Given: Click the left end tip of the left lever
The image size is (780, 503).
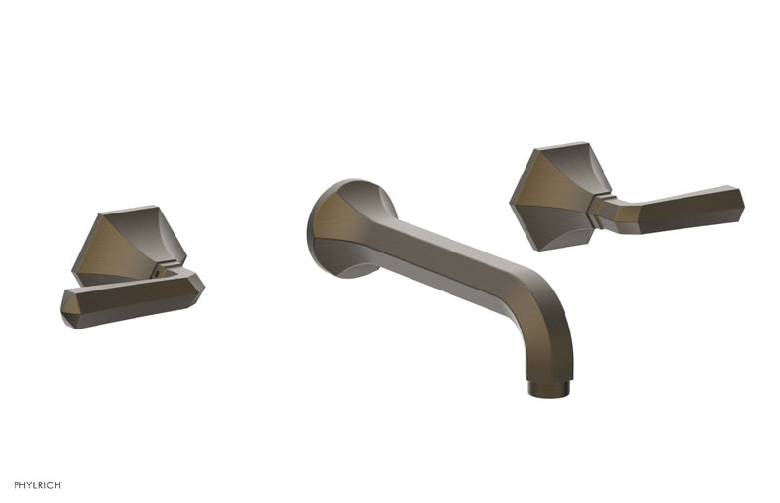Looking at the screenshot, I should (x=68, y=310).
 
